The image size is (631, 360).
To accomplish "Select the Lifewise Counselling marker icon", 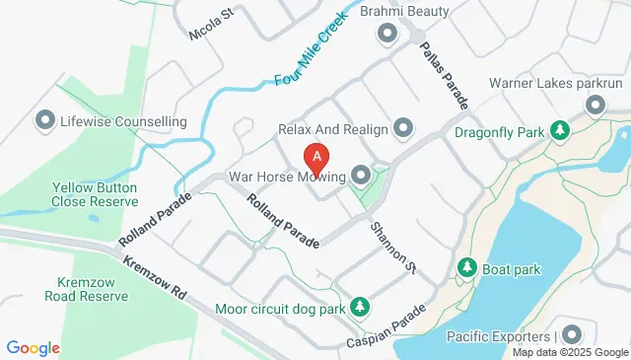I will (x=44, y=122).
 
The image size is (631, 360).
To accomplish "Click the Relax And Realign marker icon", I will (x=403, y=129).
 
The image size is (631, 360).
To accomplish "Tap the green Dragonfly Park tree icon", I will (x=560, y=130).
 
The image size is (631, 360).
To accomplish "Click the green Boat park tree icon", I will (x=467, y=267).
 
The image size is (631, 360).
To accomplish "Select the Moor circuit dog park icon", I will (x=360, y=309).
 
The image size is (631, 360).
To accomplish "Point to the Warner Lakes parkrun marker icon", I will (x=596, y=107).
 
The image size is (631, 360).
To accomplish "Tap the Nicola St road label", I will (x=210, y=25).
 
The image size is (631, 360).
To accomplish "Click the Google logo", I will (x=33, y=348).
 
